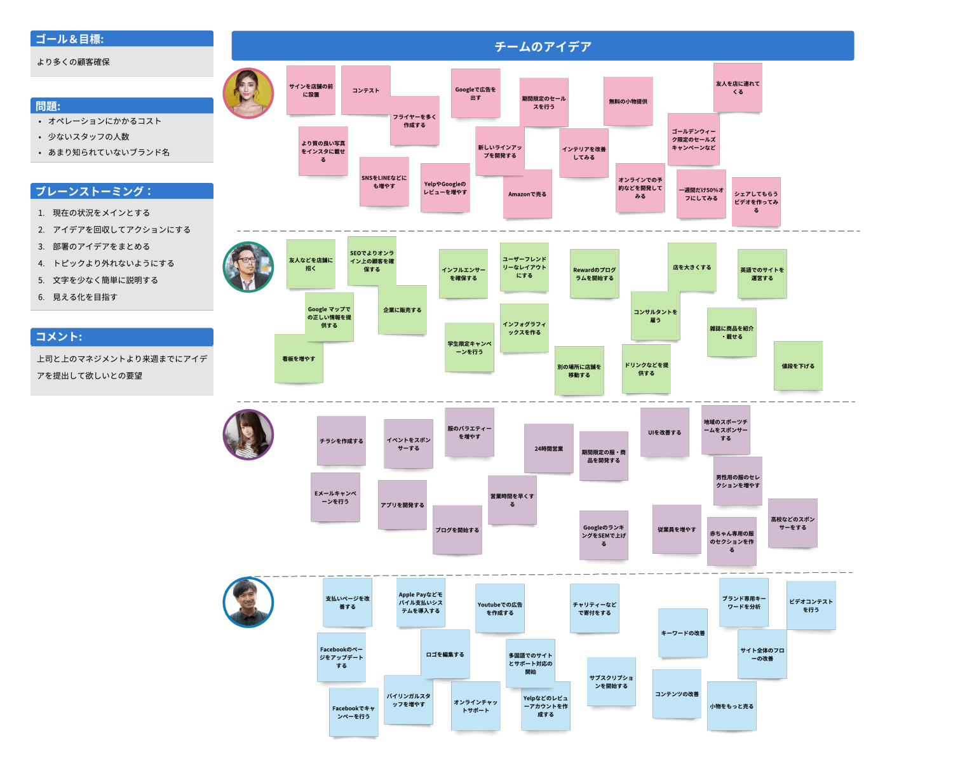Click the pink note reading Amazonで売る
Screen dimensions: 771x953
pyautogui.click(x=527, y=194)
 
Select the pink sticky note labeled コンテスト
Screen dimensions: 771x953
pyautogui.click(x=366, y=90)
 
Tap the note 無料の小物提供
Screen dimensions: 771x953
pyautogui.click(x=628, y=102)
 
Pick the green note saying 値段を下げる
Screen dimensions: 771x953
pyautogui.click(x=798, y=366)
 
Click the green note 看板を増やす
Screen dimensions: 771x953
pyautogui.click(x=299, y=359)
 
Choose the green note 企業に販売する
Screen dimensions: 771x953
pyautogui.click(x=402, y=310)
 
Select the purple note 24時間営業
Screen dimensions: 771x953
pyautogui.click(x=549, y=448)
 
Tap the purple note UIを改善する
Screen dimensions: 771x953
pyautogui.click(x=665, y=432)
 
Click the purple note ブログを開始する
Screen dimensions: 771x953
pyautogui.click(x=457, y=530)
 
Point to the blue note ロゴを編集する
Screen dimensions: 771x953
pyautogui.click(x=445, y=654)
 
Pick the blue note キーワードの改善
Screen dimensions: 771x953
pyautogui.click(x=683, y=633)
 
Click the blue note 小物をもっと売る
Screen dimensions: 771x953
pyautogui.click(x=732, y=706)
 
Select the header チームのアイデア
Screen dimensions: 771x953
pyautogui.click(x=543, y=46)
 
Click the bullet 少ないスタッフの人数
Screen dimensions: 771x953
pyautogui.click(x=89, y=137)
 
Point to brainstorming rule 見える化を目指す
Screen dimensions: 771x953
pyautogui.click(x=85, y=297)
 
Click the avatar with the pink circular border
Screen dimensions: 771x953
pyautogui.click(x=248, y=93)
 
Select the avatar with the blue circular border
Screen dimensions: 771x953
pyautogui.click(x=248, y=602)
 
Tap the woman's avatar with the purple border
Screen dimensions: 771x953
pyautogui.click(x=248, y=435)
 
